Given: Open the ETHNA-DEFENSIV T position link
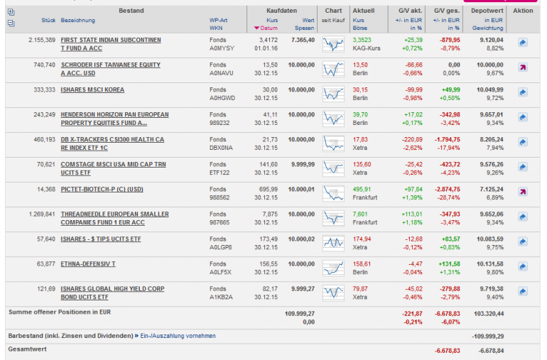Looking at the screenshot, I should point(89,263).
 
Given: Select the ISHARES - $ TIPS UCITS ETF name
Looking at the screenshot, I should point(101,239).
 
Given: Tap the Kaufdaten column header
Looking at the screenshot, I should point(281,11).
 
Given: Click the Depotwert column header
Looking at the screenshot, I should point(487,11).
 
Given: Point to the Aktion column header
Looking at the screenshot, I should point(522,11).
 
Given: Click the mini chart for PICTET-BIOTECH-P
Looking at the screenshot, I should point(333,193).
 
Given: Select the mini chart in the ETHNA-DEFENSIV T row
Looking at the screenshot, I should point(333,268).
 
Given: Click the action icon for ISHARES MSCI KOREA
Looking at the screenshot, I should point(522,92).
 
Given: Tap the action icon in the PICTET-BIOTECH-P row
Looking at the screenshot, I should point(522,192).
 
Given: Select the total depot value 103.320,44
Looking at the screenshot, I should point(489,312).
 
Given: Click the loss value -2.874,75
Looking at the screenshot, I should point(446,189).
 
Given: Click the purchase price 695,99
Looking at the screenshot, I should point(268,189).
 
